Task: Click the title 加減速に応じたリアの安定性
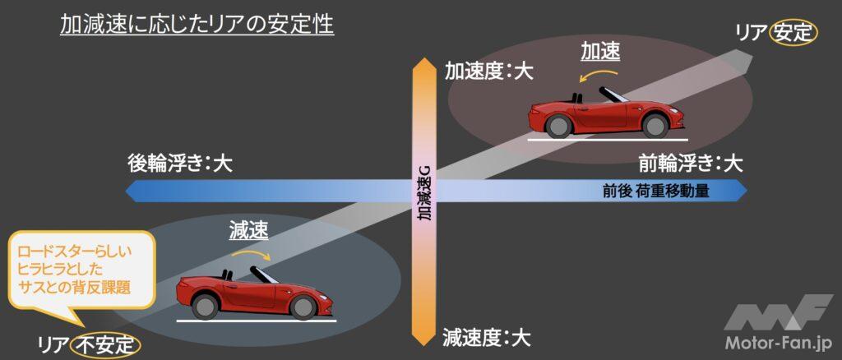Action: pos(197,25)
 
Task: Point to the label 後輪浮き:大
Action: pos(180,163)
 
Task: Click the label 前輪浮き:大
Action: pos(692,163)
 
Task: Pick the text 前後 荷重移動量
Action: pos(655,192)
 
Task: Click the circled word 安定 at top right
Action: pos(793,32)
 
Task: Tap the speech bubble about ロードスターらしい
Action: pos(78,268)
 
